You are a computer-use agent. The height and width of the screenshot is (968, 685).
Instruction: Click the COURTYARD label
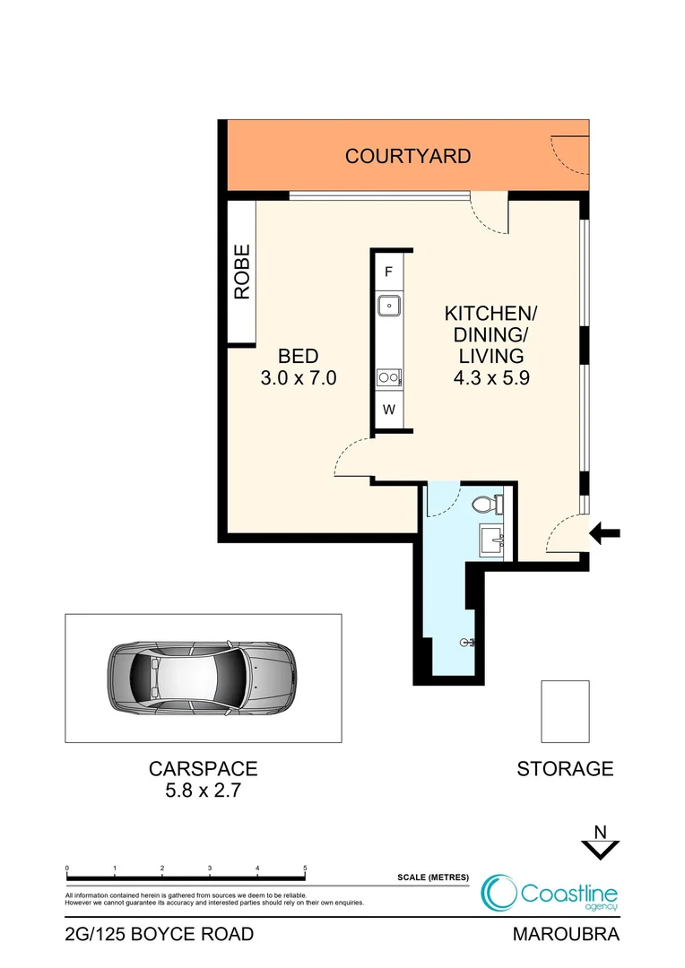click(408, 156)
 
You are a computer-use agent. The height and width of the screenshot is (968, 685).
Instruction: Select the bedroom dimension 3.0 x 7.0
click(298, 378)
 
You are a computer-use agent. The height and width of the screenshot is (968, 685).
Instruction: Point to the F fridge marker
click(389, 272)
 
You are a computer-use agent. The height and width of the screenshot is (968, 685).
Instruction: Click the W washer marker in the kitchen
click(389, 411)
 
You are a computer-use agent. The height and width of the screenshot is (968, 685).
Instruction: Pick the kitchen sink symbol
click(389, 306)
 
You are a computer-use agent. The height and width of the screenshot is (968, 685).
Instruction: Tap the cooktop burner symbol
click(388, 377)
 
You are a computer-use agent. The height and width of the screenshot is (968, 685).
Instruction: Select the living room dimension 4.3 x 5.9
click(491, 378)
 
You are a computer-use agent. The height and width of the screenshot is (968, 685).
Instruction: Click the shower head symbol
click(468, 643)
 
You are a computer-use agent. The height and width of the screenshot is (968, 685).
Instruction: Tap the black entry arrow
click(605, 535)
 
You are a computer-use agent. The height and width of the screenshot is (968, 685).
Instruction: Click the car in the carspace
click(202, 678)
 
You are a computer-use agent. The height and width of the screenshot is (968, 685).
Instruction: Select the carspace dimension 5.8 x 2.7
click(203, 791)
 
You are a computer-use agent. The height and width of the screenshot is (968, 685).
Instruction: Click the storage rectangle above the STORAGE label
click(565, 711)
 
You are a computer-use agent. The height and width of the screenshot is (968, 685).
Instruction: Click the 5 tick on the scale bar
click(306, 869)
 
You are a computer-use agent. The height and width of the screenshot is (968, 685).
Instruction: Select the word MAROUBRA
click(566, 935)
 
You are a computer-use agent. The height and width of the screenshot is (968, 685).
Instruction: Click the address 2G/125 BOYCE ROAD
click(160, 935)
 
